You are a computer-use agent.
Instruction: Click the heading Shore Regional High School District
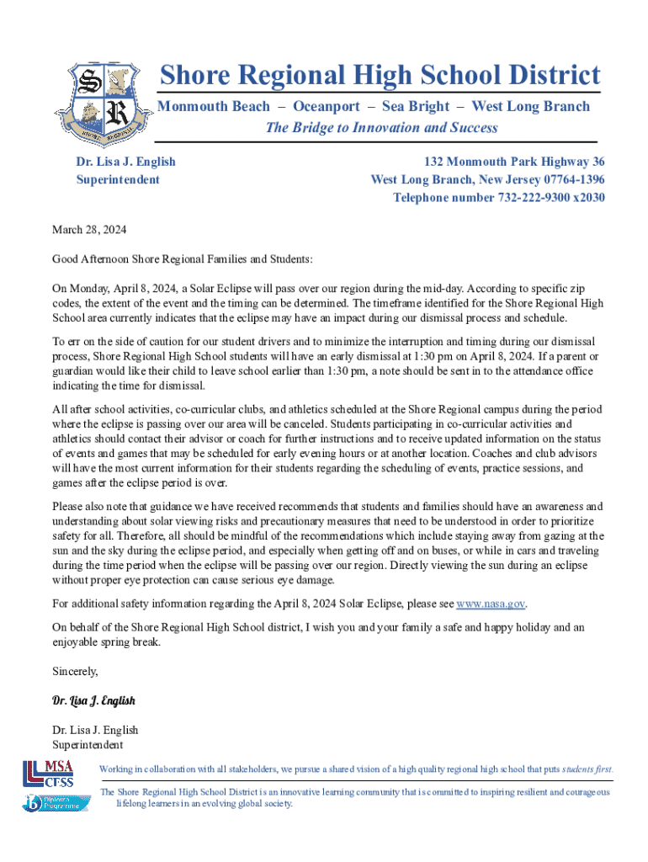pos(380,75)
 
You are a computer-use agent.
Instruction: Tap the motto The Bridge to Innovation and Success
pos(381,128)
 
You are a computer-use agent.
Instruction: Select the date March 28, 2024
pos(89,230)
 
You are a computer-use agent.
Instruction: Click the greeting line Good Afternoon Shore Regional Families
pos(182,260)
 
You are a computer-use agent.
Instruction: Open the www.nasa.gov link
pos(491,604)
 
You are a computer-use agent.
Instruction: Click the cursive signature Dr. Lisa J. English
pos(93,700)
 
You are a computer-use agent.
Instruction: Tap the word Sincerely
pos(76,672)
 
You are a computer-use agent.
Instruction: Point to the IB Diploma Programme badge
pos(51,803)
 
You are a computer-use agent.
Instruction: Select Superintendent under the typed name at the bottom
pos(88,745)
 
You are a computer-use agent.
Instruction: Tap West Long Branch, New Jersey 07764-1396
pos(487,179)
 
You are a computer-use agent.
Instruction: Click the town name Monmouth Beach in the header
pos(215,106)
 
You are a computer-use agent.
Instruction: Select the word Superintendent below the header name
pos(118,179)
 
